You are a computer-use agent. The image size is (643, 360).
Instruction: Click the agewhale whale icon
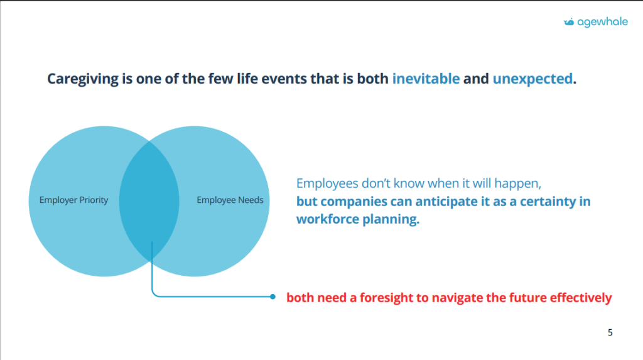click(569, 22)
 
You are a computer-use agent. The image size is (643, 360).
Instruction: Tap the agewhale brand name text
click(602, 22)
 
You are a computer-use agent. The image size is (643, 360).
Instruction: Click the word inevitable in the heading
click(426, 79)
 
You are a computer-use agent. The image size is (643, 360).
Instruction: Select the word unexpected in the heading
click(532, 79)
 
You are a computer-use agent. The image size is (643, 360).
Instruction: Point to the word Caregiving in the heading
click(83, 79)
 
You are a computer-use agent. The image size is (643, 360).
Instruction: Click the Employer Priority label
click(74, 200)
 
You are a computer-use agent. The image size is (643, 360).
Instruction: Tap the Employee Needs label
click(230, 200)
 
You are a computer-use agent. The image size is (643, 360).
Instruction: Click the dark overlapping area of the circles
click(149, 201)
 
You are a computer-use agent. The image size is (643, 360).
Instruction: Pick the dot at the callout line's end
click(273, 297)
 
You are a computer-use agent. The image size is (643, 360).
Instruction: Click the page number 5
click(610, 332)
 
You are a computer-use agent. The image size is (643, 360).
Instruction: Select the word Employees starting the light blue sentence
click(327, 183)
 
